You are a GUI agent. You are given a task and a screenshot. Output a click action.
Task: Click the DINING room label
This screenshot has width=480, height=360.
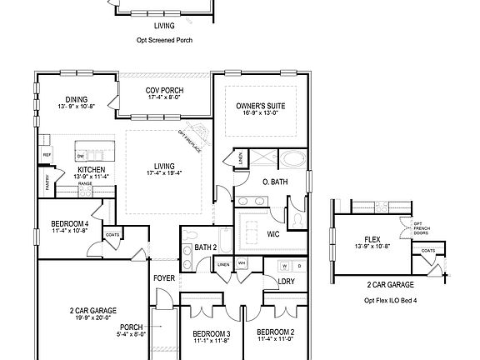pos(76,98)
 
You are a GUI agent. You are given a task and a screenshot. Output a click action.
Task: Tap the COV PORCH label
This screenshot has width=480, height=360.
pos(164,91)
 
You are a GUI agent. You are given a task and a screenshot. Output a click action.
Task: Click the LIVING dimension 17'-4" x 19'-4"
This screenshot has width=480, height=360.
pos(163,173)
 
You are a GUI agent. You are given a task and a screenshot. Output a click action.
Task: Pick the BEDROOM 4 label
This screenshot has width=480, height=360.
pos(69,223)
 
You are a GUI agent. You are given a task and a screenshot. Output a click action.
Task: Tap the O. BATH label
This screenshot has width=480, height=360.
pos(276,181)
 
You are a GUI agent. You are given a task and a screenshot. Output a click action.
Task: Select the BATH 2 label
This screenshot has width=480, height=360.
pos(205,247)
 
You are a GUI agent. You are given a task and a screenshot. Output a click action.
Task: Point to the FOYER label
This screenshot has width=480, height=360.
pos(162,278)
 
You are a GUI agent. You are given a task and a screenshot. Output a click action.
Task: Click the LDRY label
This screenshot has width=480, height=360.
pos(286,281)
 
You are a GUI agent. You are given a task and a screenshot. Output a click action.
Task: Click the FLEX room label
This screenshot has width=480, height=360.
pos(372,240)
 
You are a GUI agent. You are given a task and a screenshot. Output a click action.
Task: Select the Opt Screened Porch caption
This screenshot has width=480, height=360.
pos(164,39)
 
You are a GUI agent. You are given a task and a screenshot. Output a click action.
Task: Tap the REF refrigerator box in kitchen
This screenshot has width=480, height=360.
pos(47,155)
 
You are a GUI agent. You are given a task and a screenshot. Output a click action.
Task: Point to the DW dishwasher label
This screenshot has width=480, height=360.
pos(80,156)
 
